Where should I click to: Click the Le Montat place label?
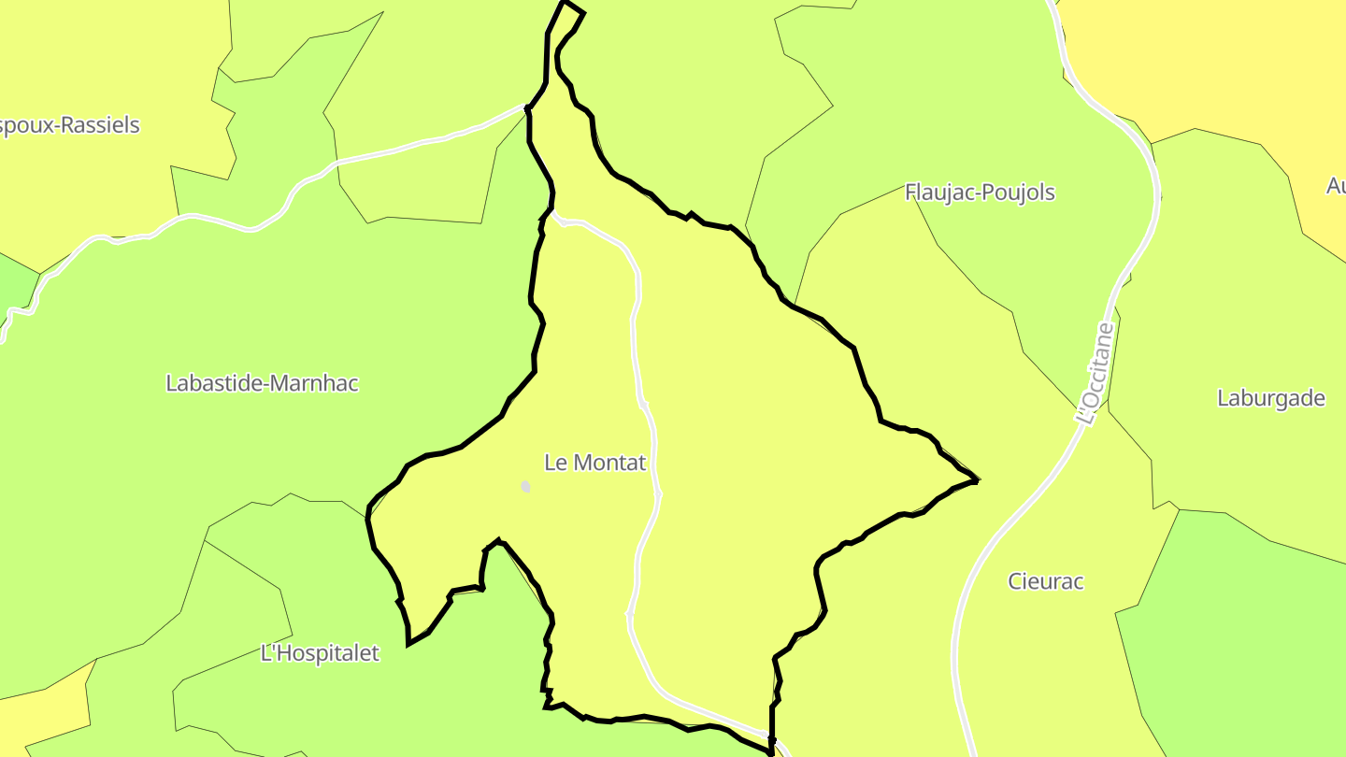[x=594, y=463]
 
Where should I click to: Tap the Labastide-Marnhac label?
[x=262, y=383]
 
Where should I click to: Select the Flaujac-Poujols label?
[x=980, y=193]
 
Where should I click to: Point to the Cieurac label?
[x=1045, y=581]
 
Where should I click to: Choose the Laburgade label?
[x=1270, y=398]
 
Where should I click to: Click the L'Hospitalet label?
[x=320, y=653]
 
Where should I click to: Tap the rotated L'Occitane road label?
[x=1095, y=374]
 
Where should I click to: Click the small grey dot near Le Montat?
[x=526, y=487]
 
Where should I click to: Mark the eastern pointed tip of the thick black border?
[x=976, y=480]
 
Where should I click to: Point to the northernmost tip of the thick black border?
[x=565, y=3]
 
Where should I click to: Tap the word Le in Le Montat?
[x=555, y=463]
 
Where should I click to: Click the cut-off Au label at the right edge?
[x=1336, y=186]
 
